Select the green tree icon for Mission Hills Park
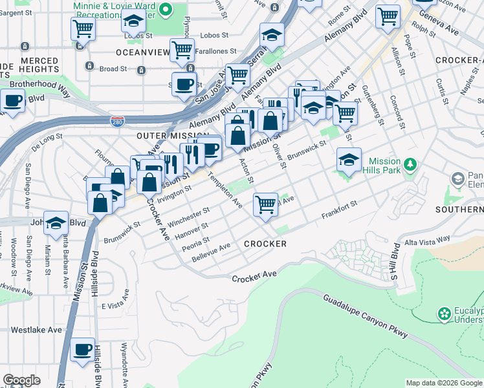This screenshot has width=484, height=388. coord(410,165)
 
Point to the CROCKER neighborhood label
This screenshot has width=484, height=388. coord(265,244)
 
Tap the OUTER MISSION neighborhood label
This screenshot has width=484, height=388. coord(164,136)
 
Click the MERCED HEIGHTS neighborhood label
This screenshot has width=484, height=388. coord(39,65)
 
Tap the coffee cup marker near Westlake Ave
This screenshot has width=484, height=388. coord(82,350)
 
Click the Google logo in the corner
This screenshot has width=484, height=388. coord(21,380)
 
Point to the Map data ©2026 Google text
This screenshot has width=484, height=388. coord(443,383)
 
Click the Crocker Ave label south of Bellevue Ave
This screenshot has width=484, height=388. coord(254,276)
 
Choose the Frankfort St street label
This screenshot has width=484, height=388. coord(339,210)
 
